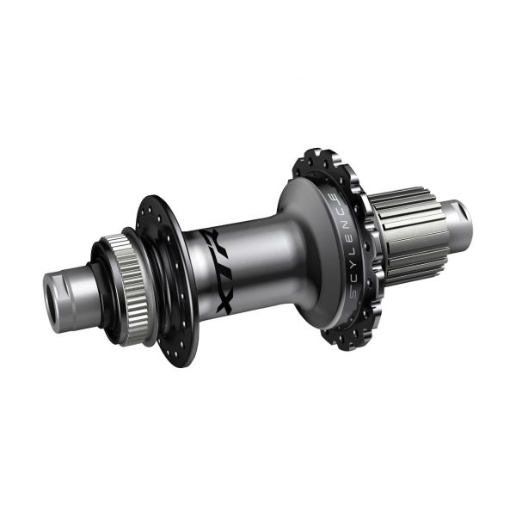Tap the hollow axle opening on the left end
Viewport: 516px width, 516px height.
[53, 304]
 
